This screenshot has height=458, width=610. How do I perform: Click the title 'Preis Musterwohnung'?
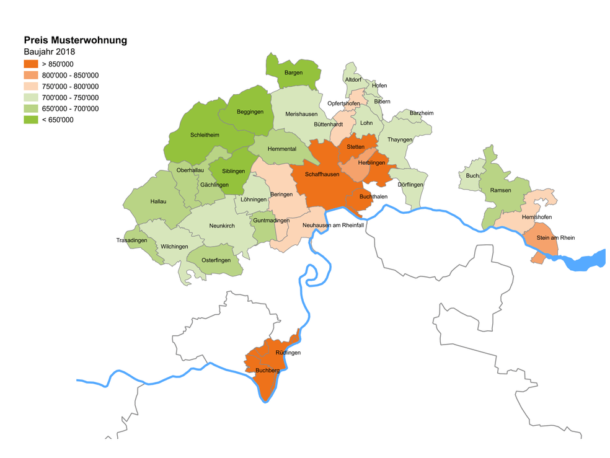pos(75,40)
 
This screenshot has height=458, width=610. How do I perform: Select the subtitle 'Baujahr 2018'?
pos(50,52)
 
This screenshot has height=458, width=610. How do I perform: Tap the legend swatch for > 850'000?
pos(31,64)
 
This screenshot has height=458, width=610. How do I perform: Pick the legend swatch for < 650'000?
pos(31,120)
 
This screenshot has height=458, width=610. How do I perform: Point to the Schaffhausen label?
pos(322,174)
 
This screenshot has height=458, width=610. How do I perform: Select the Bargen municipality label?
pos(293,73)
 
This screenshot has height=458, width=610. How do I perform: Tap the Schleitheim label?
pos(205,134)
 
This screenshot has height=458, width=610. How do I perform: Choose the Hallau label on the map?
pos(158,201)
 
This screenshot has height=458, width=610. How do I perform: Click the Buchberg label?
pos(267,371)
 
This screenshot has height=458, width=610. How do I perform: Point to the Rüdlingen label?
pos(288,353)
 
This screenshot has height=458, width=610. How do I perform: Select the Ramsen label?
pos(500,190)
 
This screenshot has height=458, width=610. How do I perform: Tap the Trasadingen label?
pos(131,240)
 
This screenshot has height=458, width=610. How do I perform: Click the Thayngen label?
pos(400,139)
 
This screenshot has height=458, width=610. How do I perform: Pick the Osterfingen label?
pos(216,260)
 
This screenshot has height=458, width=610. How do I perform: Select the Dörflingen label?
pos(410,185)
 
